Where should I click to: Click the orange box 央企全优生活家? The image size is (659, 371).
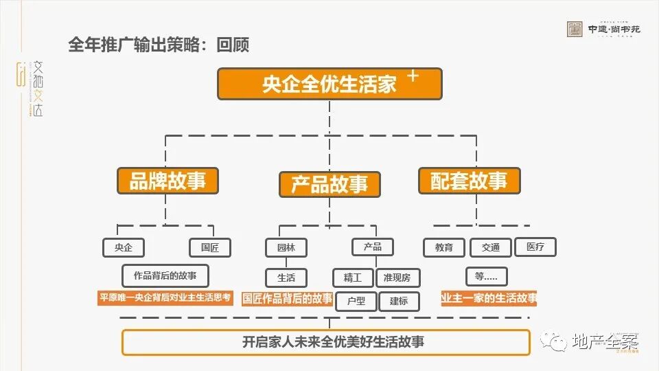(329, 84)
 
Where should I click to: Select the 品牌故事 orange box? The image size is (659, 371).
(167, 181)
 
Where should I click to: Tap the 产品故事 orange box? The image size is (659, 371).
(329, 184)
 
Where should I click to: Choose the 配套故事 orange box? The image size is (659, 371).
(469, 181)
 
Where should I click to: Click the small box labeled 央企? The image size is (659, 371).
(124, 247)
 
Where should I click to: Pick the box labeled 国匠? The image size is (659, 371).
(210, 247)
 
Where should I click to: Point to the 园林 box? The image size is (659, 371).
(286, 247)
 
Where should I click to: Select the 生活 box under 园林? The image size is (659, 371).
(286, 278)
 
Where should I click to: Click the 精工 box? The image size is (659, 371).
(353, 278)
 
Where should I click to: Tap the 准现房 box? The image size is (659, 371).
(397, 278)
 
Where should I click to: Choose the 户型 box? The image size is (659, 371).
(356, 301)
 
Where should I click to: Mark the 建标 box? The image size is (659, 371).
(399, 301)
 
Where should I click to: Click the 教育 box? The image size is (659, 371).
(444, 247)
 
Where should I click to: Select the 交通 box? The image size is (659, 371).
(491, 247)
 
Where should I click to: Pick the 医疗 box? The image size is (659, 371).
(535, 247)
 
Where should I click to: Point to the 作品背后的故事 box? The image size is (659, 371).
(165, 276)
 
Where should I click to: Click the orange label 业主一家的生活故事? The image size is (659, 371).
(489, 298)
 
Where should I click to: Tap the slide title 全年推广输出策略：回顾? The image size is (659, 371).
(159, 45)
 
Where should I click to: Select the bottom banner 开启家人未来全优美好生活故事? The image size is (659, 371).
(326, 341)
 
